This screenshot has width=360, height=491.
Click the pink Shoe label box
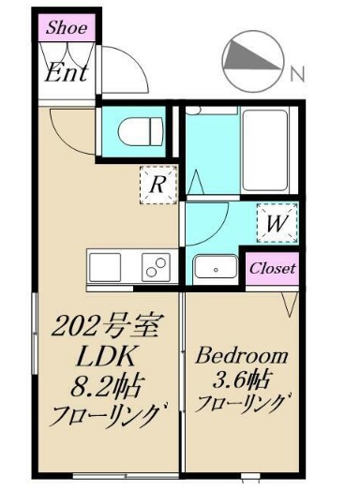[67, 27]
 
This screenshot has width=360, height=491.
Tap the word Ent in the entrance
[67, 72]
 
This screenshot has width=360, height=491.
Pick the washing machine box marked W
[277, 224]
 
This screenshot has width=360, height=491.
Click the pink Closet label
[272, 268]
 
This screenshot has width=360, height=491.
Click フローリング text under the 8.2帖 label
[105, 413]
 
